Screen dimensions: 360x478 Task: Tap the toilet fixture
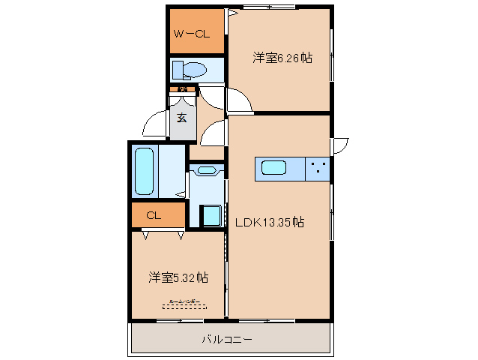click(190, 70)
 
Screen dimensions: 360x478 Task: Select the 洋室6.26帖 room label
click(282, 57)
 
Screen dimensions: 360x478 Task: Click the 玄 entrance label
click(182, 117)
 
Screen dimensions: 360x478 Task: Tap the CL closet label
click(154, 216)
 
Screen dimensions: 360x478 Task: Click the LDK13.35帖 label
click(270, 222)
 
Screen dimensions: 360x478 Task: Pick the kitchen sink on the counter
click(273, 169)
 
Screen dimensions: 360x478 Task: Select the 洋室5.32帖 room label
click(178, 277)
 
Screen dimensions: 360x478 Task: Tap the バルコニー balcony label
click(226, 339)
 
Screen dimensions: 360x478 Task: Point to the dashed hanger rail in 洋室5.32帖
click(184, 305)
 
